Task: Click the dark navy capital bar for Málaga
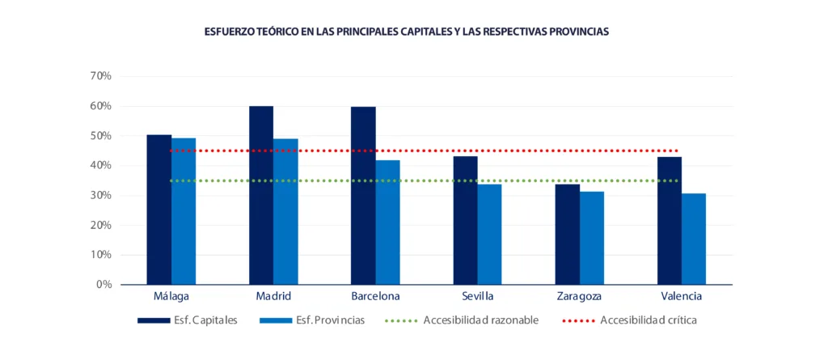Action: pos(158,210)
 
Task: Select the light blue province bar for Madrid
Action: pos(285,212)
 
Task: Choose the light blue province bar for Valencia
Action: pos(694,239)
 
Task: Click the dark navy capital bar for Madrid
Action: pos(261,196)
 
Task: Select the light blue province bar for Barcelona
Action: pos(387,222)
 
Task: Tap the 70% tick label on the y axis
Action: pos(100,76)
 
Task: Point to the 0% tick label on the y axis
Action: pos(103,285)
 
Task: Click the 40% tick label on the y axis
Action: pos(100,166)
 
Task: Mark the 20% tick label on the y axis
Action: pos(100,225)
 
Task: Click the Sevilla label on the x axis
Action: pos(477,296)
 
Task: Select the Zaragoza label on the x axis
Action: pos(579,296)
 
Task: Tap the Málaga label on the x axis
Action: pos(171,296)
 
